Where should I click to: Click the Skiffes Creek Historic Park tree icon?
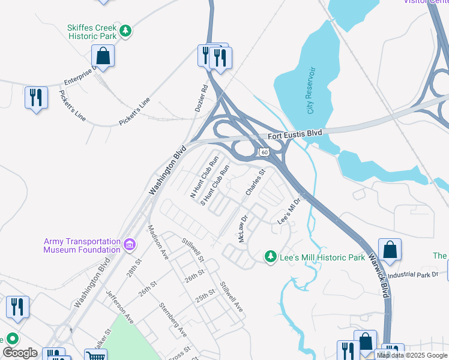pos(125,31)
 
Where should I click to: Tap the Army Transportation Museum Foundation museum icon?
pos(129,245)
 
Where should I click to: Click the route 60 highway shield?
pos(264,153)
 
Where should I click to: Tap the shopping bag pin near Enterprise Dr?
pos(103,57)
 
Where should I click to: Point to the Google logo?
pos(20,353)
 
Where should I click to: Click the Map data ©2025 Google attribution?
pos(412,355)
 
